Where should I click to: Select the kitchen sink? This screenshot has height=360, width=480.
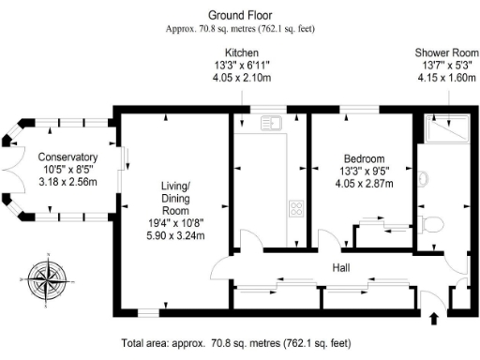[272, 122]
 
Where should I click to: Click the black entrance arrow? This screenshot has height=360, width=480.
[433, 319]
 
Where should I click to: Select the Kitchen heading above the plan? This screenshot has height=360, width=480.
[243, 52]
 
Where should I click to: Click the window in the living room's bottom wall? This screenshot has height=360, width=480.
[147, 311]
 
